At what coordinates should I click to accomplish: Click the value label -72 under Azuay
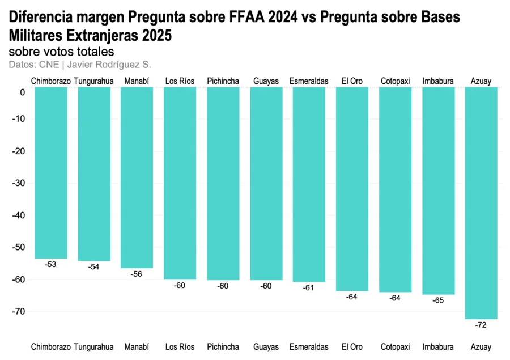pos(481,325)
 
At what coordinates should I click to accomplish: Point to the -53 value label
pos(51,265)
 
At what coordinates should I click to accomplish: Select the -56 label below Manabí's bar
pos(137,274)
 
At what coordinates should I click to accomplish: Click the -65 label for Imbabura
pos(438,300)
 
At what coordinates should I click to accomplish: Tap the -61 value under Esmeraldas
pos(309,288)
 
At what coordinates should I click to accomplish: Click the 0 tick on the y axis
pos(23,92)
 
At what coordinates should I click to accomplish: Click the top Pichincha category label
pos(223,81)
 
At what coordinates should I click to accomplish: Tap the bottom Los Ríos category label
pos(180,346)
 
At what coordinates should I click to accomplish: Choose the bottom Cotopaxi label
pos(395,346)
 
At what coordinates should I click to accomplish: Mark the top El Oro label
pos(352,81)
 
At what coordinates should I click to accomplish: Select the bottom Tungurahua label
pos(94,346)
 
